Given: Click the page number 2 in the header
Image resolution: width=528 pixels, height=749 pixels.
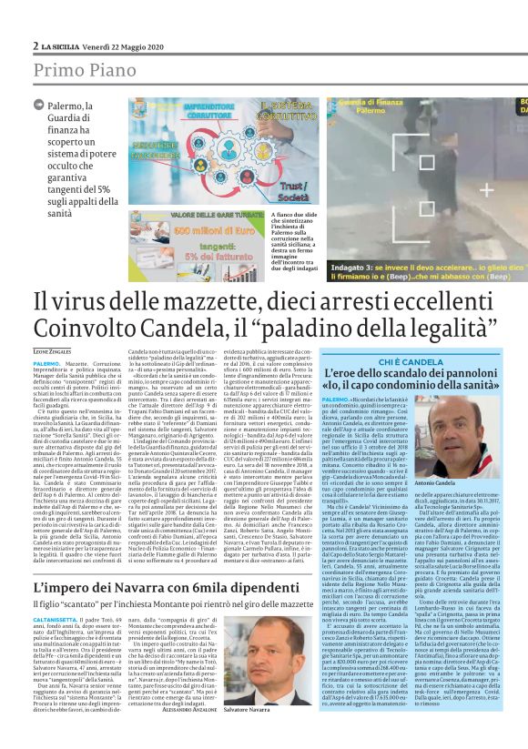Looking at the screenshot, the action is (x=35, y=46).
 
